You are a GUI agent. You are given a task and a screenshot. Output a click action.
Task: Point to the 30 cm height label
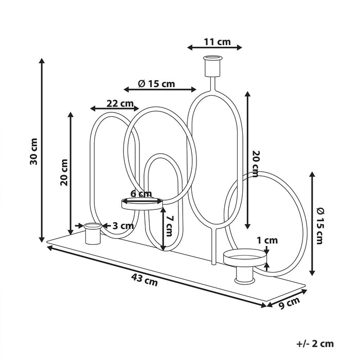pyautogui.click(x=33, y=151)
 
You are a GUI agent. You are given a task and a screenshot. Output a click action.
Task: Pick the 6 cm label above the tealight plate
pyautogui.click(x=141, y=194)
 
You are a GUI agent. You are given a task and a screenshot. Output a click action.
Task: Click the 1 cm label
pyautogui.click(x=267, y=240)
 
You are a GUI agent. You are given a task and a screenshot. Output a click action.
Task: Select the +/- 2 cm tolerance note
pyautogui.click(x=315, y=344)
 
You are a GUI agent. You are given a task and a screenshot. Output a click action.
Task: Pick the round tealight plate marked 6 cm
pyautogui.click(x=141, y=204)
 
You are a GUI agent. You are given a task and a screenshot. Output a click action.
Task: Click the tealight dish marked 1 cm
pyautogui.click(x=246, y=258)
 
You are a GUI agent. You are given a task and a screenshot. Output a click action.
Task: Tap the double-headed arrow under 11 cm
pyautogui.click(x=214, y=47)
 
